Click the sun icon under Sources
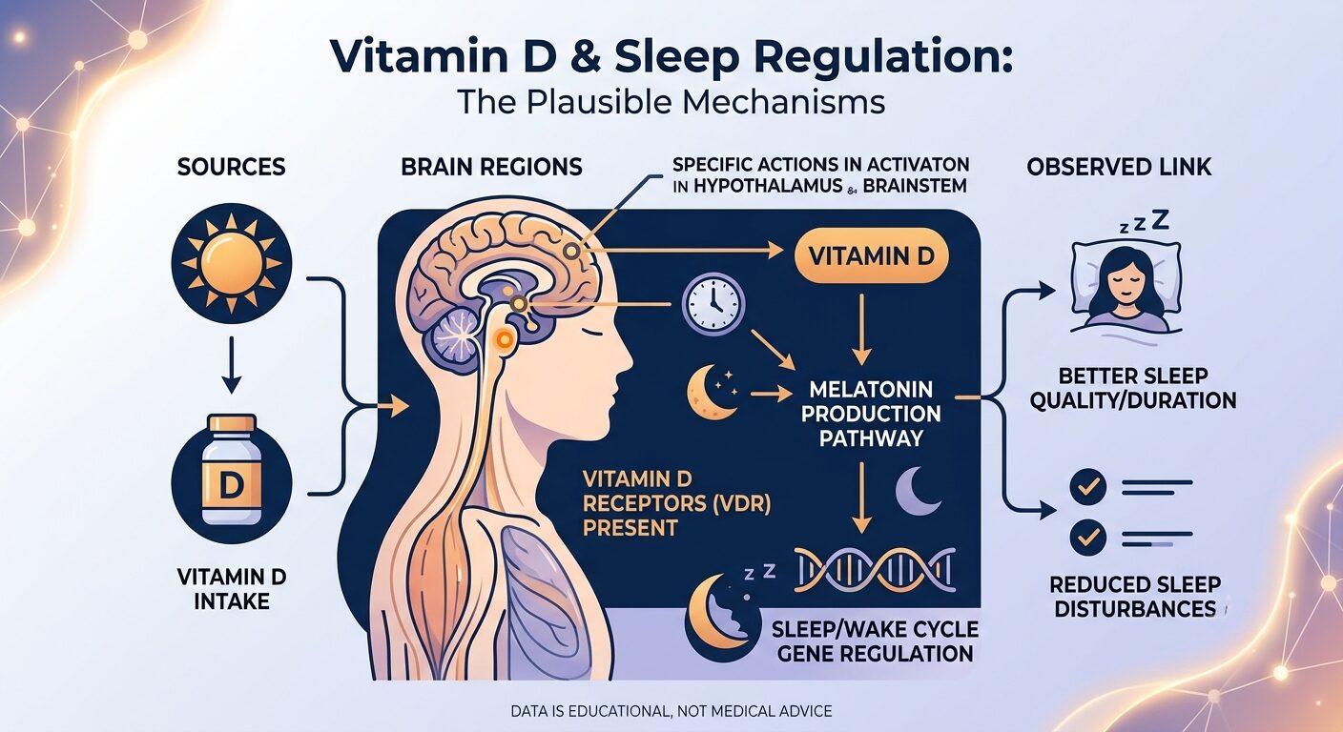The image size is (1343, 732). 232,263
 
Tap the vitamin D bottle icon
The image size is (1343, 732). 232,470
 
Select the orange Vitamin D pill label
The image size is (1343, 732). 871,255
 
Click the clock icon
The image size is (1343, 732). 713,304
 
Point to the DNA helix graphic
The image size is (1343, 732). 875,569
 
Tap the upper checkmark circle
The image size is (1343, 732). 1087,486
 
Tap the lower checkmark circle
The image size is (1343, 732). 1087,538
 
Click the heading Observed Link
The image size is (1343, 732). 1119,167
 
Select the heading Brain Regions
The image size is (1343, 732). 491,167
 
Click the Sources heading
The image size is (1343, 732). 232,167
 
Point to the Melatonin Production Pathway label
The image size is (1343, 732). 871,414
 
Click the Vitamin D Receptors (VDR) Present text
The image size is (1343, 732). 676,503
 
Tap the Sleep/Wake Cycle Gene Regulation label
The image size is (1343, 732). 875,641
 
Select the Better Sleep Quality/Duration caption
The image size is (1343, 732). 1133,388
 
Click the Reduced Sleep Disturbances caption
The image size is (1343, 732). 1136,597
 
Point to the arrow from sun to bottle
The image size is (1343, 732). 232,365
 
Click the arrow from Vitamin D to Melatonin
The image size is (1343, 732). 861,329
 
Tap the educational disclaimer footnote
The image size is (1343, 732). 671,712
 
